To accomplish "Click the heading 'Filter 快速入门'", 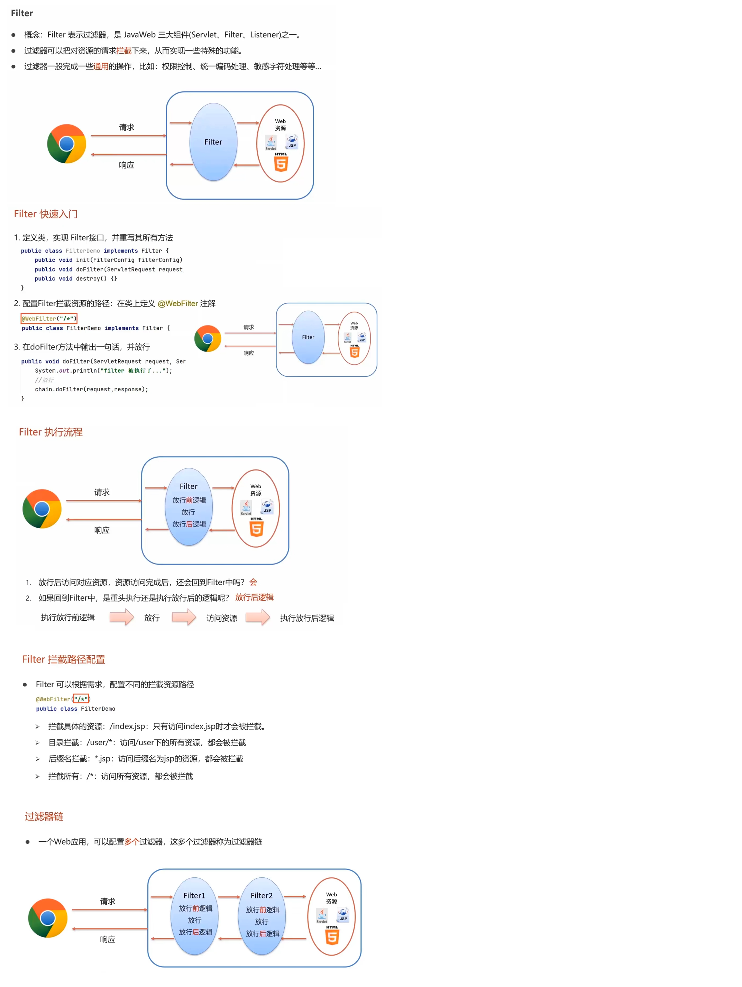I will pos(46,214).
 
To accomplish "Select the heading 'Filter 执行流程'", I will pos(51,432).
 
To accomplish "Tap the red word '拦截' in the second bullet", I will pos(124,51).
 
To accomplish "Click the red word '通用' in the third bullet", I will pos(101,66).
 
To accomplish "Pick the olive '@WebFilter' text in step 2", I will pos(177,304).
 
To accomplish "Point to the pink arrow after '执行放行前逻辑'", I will pos(121,618).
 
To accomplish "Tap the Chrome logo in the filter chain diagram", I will pos(48,918).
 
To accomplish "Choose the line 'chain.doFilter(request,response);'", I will pos(91,390).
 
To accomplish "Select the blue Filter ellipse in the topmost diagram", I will pos(213,142).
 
